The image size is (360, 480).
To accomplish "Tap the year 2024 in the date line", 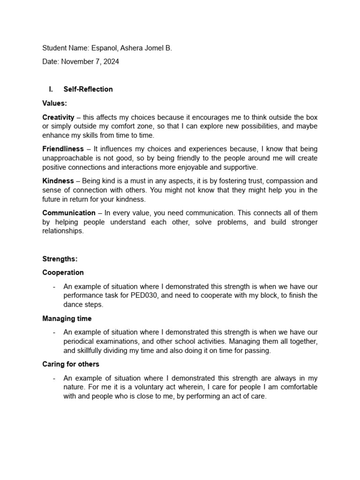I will pyautogui.click(x=110, y=61).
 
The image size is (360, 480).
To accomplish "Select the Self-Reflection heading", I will pyautogui.click(x=88, y=89).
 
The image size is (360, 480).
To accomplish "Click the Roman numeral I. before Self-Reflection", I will pyautogui.click(x=51, y=89).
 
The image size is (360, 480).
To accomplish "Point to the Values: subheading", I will pyautogui.click(x=54, y=103).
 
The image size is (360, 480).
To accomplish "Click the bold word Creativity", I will pyautogui.click(x=58, y=117).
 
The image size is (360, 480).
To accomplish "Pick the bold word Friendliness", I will pyautogui.click(x=63, y=149).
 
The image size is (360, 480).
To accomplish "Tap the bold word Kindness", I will pyautogui.click(x=58, y=181).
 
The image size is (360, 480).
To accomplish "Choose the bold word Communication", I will pyautogui.click(x=69, y=213).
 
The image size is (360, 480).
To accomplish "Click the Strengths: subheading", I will pyautogui.click(x=60, y=259).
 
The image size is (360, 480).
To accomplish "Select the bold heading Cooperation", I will pyautogui.click(x=63, y=272).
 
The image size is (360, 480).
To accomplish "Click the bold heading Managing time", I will pyautogui.click(x=67, y=319).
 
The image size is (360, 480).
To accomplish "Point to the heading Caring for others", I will pyautogui.click(x=71, y=364).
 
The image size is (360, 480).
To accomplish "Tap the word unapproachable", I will pyautogui.click(x=67, y=158).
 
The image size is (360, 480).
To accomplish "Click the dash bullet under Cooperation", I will pyautogui.click(x=54, y=286).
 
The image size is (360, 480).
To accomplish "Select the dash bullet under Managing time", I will pyautogui.click(x=54, y=332).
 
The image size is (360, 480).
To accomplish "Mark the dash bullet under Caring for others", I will pyautogui.click(x=54, y=378).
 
